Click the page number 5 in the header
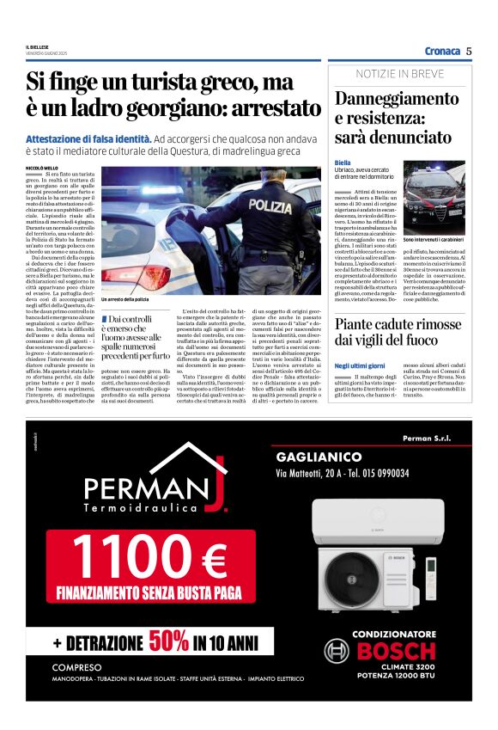[469, 51]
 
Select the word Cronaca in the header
[442, 51]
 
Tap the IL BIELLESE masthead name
[39, 46]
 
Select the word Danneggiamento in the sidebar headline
[397, 99]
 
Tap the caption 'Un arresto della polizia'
[125, 298]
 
